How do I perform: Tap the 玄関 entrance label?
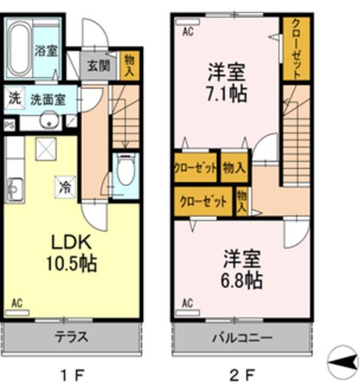click(x=97, y=65)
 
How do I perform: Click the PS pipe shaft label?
click(x=10, y=126)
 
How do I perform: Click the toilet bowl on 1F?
click(x=126, y=171)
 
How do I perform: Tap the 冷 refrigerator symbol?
click(x=64, y=187)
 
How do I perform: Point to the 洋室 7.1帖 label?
click(x=227, y=83)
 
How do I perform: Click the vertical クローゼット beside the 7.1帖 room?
click(x=296, y=48)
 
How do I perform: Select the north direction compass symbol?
click(x=342, y=361)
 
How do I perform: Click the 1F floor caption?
click(x=73, y=374)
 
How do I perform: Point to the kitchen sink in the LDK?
click(x=15, y=187)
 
